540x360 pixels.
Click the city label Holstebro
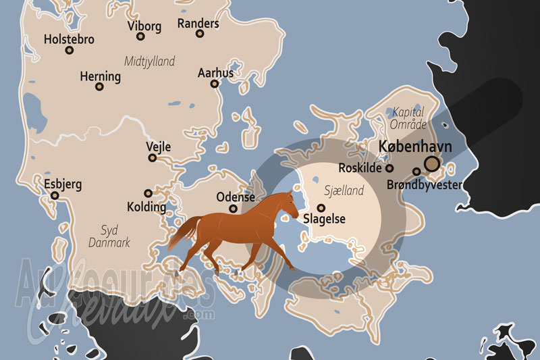68,39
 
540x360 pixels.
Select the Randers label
198,24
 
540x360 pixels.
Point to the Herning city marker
99,86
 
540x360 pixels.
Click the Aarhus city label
215,73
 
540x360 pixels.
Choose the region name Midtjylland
149,61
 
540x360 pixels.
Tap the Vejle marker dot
153,158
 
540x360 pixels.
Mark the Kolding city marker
148,192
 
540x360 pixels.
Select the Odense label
236,197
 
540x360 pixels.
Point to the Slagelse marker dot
321,208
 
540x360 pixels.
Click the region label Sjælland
344,191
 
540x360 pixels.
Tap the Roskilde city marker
389,168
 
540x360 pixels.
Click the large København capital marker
432,163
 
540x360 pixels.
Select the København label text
415,147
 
